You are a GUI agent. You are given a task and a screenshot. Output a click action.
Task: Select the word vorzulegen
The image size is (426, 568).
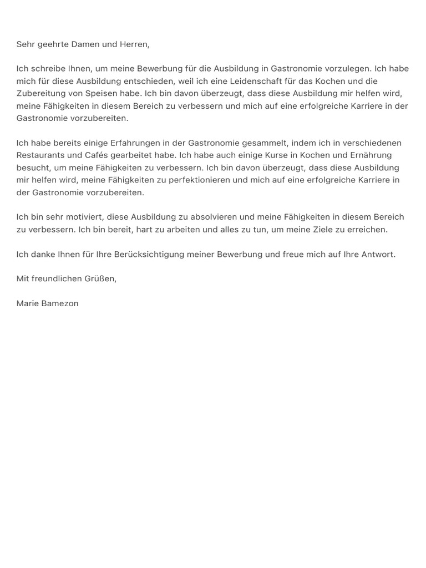click(348, 69)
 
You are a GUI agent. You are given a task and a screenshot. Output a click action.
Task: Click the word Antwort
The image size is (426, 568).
click(377, 254)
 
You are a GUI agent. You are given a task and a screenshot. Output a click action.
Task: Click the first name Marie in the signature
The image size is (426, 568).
click(28, 303)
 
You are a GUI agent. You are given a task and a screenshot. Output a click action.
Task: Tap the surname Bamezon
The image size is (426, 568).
click(60, 303)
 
